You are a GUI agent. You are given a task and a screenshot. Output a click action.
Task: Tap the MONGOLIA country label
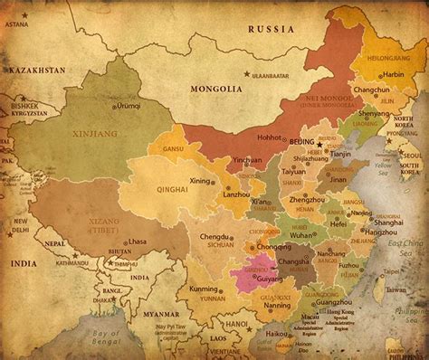pyautogui.click(x=216, y=89)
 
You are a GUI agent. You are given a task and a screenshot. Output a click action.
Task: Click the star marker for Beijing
pyautogui.click(x=319, y=143)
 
